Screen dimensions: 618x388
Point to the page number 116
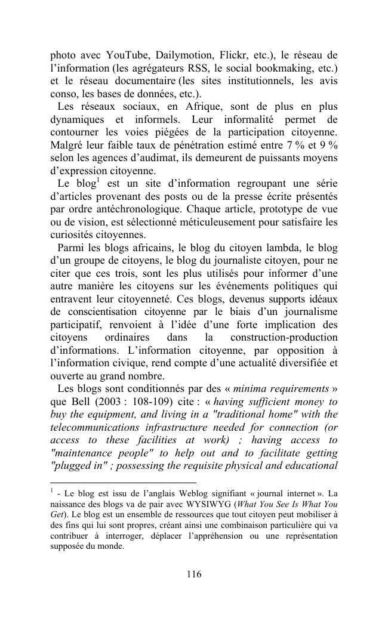[194, 574]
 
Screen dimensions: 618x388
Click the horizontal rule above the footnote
[123, 483]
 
